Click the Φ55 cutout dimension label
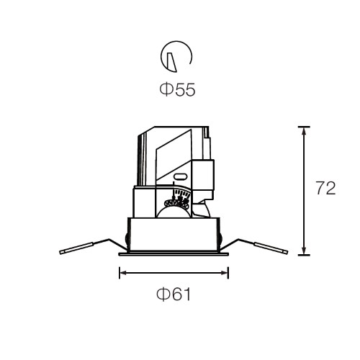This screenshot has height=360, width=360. tap(177, 89)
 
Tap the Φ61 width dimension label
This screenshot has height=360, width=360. tap(174, 294)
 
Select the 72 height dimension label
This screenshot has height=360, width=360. tap(325, 188)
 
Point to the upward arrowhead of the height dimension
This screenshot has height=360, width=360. tap(304, 132)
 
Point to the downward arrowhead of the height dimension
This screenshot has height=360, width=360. tap(304, 250)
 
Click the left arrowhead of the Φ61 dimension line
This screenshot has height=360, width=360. tap(124, 273)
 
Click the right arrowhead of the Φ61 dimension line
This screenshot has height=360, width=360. tap(224, 273)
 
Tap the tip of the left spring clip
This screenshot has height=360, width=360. tap(60, 252)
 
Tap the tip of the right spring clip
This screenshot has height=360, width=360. tap(286, 252)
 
